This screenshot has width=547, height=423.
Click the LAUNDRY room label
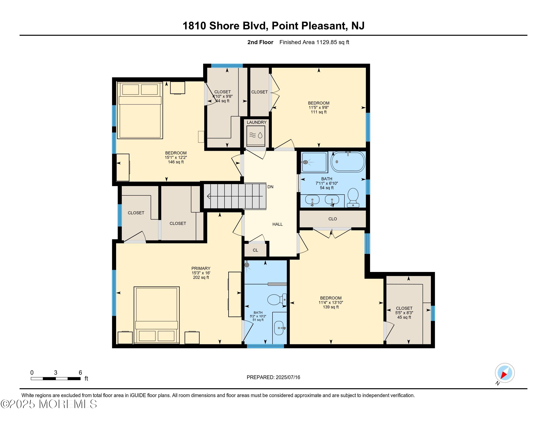[x=257, y=122]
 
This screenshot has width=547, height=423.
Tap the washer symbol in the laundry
[x=256, y=136]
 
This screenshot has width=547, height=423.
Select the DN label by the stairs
[x=270, y=187]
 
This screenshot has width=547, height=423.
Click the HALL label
[x=277, y=224]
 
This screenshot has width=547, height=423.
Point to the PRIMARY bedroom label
[x=201, y=268]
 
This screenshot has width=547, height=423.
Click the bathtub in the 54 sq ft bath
[x=348, y=162]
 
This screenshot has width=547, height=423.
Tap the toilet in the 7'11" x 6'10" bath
[x=353, y=198]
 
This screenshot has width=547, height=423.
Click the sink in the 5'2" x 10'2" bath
[x=279, y=328]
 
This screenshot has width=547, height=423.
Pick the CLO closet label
[x=333, y=219]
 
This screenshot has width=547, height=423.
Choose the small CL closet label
[x=255, y=250]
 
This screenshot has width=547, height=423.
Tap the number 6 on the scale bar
[x=80, y=373]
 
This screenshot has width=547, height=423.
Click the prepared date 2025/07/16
[x=287, y=377]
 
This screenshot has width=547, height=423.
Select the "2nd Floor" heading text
[x=260, y=42]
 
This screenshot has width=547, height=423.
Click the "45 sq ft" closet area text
[x=404, y=317]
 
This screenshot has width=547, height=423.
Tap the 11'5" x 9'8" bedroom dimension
[x=319, y=107]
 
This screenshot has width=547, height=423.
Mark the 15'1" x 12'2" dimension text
[x=176, y=157]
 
